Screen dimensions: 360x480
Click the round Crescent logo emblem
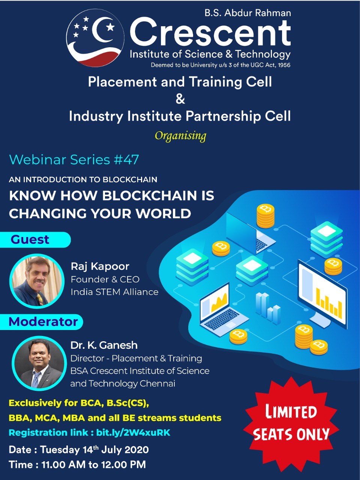[95, 38]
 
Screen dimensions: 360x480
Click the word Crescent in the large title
[210, 32]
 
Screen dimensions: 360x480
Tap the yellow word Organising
[180, 136]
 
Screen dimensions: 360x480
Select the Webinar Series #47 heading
[74, 160]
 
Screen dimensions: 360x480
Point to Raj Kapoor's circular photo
[37, 281]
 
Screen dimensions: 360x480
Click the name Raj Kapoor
[100, 267]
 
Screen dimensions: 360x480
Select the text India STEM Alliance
[114, 292]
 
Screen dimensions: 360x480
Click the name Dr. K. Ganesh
[104, 345]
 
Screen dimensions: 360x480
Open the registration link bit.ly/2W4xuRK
[133, 433]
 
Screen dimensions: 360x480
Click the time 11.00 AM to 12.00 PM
[93, 465]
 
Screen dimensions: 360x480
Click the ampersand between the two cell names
[180, 99]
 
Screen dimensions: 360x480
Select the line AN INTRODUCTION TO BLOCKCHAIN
[83, 180]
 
